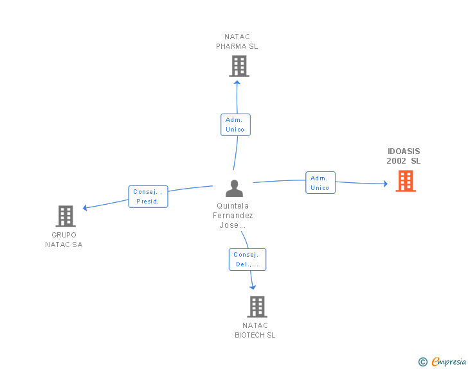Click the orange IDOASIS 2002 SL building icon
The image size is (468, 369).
click(406, 181)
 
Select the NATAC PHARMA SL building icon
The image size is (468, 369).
click(239, 66)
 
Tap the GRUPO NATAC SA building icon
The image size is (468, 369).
click(66, 216)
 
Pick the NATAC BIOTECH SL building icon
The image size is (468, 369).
click(257, 307)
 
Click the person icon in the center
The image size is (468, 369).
click(234, 189)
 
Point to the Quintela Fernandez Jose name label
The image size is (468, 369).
click(233, 215)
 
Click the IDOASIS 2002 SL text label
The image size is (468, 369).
click(404, 156)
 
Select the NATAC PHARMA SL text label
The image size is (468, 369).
click(237, 42)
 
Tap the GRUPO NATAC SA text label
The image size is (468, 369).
click(64, 239)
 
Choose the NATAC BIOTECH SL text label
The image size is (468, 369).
click(255, 330)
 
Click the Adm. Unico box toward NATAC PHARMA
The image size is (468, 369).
click(235, 124)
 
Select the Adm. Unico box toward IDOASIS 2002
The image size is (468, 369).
click(320, 183)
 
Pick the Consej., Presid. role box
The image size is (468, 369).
click(148, 196)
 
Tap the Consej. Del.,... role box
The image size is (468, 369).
click(248, 260)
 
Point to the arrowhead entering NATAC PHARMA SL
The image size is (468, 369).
click(237, 82)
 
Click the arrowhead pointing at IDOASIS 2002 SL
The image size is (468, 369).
click(386, 184)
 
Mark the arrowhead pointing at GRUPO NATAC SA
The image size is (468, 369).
click(85, 208)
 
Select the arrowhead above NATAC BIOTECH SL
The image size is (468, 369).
click(253, 287)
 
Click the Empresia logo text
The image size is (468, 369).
click(449, 361)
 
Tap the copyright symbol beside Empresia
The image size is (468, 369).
click(422, 362)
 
